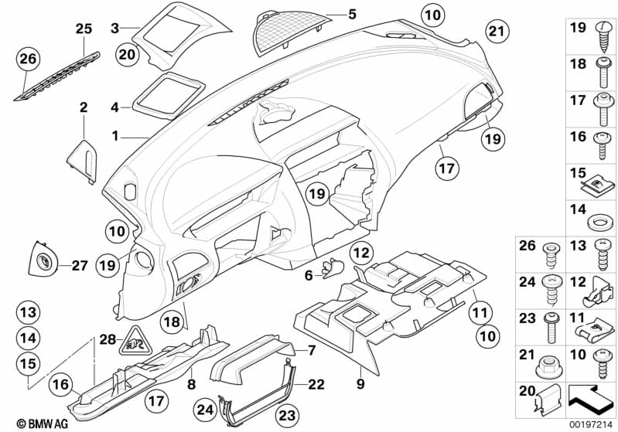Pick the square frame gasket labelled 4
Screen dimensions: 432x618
click(165, 96)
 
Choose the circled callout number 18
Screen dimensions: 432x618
click(172, 321)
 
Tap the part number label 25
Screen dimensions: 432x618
click(84, 29)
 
